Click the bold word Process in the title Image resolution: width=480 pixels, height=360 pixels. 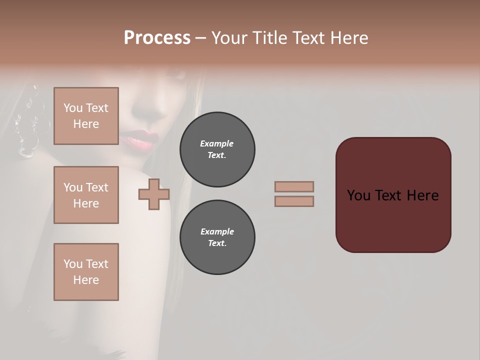tap(157, 38)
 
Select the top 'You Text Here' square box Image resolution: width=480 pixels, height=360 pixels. tap(86, 116)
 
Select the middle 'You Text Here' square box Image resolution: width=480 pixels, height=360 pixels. tap(86, 195)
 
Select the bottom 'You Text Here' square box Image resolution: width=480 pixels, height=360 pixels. tap(86, 272)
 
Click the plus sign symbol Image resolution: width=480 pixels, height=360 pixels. tap(154, 194)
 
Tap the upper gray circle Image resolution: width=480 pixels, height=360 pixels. tap(217, 149)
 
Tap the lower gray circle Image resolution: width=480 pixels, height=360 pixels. tap(217, 237)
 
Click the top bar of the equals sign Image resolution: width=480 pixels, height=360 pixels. tap(294, 186)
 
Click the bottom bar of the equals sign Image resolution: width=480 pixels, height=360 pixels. tap(294, 201)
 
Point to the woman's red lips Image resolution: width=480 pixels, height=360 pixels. tap(143, 139)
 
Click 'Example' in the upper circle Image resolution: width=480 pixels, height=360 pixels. tap(217, 143)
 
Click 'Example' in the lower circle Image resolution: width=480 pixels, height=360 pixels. tap(217, 231)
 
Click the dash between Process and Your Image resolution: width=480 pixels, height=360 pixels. tap(200, 38)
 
